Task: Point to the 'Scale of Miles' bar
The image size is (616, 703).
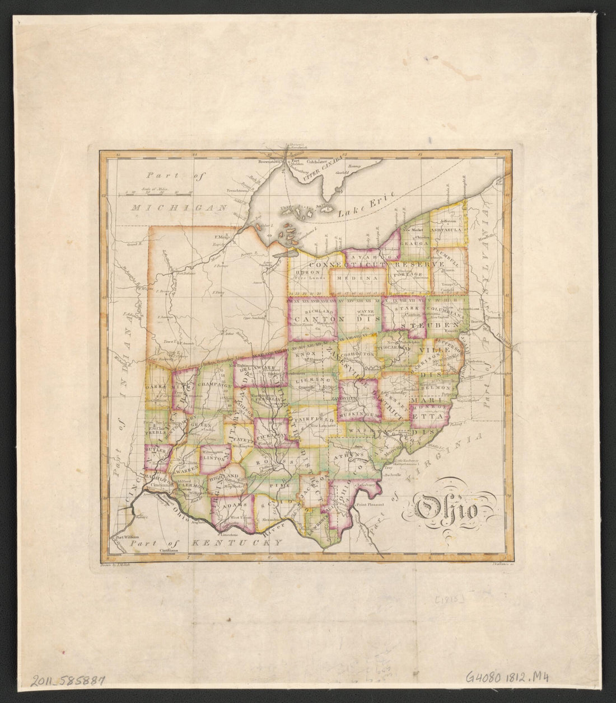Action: click(x=158, y=193)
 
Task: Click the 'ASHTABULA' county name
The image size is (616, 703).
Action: click(x=446, y=230)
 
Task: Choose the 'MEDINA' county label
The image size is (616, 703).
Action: click(x=357, y=277)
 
